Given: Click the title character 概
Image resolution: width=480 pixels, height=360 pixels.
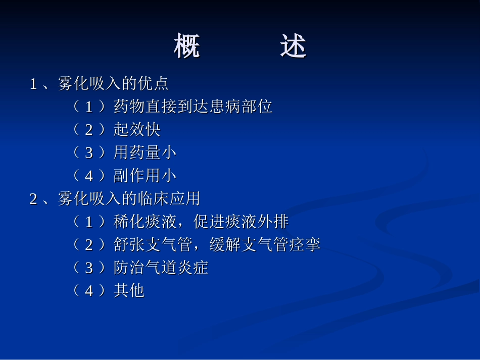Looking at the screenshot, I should pyautogui.click(x=187, y=46).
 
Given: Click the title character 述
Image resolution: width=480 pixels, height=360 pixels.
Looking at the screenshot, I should pyautogui.click(x=293, y=46).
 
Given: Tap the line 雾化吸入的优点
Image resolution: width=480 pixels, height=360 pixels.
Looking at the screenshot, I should pyautogui.click(x=113, y=83).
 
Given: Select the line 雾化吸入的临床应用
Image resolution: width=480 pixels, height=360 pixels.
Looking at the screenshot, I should pyautogui.click(x=129, y=198).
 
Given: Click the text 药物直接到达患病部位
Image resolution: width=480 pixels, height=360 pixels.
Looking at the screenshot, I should pyautogui.click(x=193, y=107).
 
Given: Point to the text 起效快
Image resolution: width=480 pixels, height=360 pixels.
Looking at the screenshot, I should pyautogui.click(x=137, y=130).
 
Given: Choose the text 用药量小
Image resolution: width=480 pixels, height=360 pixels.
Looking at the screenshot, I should pyautogui.click(x=145, y=152).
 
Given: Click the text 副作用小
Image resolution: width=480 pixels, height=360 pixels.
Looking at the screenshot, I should pyautogui.click(x=145, y=175).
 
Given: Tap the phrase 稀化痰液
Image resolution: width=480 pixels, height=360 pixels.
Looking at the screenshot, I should pyautogui.click(x=145, y=222).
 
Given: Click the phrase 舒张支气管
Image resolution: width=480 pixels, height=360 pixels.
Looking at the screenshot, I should pyautogui.click(x=153, y=245).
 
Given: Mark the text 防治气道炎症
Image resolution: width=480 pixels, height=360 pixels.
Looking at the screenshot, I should pyautogui.click(x=161, y=268).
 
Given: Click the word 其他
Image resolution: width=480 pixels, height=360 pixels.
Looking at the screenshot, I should pyautogui.click(x=129, y=291).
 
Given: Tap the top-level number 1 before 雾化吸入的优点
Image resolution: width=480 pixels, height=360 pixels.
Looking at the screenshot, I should pyautogui.click(x=34, y=84).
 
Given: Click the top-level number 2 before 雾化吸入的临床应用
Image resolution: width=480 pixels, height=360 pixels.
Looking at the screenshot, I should pyautogui.click(x=34, y=199).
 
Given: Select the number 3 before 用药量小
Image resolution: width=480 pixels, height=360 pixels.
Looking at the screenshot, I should pyautogui.click(x=89, y=153).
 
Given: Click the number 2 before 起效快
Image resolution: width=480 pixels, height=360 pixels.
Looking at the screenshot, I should pyautogui.click(x=89, y=130).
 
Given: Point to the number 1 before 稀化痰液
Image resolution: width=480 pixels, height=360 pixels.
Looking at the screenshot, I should pyautogui.click(x=89, y=222).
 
